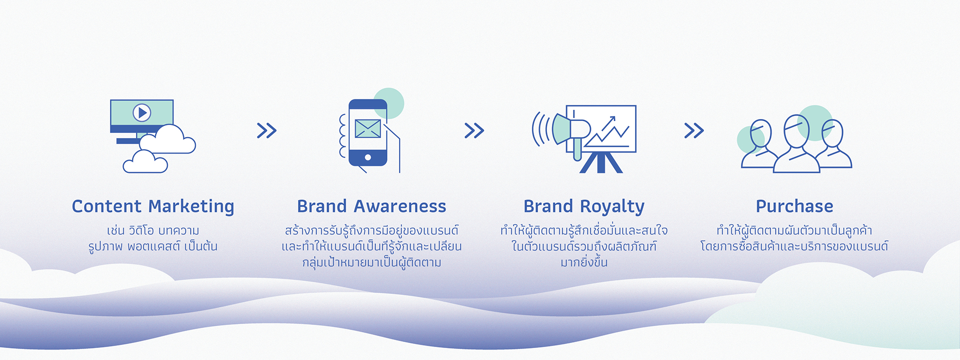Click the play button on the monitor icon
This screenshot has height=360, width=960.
(142, 112)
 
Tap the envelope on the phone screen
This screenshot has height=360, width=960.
(367, 128)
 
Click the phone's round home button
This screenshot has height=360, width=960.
(368, 157)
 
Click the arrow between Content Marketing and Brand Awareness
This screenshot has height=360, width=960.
(266, 130)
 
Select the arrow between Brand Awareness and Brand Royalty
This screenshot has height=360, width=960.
(474, 130)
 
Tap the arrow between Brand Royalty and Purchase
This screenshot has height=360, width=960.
(694, 130)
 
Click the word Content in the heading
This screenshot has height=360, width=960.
(106, 206)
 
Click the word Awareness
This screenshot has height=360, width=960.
(399, 206)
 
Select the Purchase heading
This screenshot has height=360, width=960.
(794, 206)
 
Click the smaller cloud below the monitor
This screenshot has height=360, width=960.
(145, 161)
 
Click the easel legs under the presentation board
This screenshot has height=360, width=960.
(601, 162)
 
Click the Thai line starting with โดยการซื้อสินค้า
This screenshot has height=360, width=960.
(794, 246)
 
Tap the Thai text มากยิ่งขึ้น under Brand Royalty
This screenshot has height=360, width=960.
(583, 262)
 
